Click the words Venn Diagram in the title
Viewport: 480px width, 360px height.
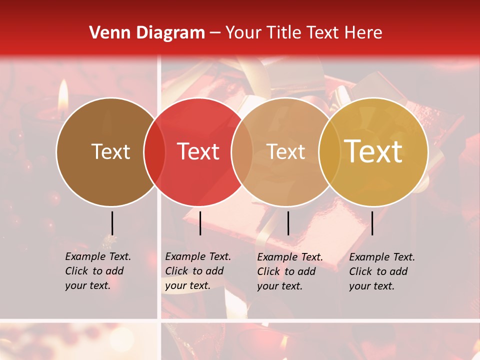click(x=147, y=33)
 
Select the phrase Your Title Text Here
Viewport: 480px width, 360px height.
click(x=303, y=33)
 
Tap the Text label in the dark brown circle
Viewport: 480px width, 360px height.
click(x=110, y=151)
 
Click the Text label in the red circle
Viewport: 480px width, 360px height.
click(x=198, y=151)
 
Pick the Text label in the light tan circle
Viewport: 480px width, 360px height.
click(x=285, y=151)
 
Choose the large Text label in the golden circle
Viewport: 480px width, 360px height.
click(x=373, y=151)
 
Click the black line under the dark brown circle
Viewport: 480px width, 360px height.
click(x=112, y=223)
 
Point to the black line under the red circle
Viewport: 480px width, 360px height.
click(x=200, y=223)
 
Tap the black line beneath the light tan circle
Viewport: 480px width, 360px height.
click(x=288, y=223)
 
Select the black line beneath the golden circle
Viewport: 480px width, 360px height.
click(x=372, y=223)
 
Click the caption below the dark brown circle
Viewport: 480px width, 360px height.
click(x=97, y=271)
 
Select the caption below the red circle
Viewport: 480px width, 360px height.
click(x=197, y=271)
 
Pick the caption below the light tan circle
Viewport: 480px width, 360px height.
click(x=289, y=271)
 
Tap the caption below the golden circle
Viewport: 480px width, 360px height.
click(x=381, y=271)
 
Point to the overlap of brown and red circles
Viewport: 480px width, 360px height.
click(x=154, y=151)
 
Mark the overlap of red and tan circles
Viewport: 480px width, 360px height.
click(x=242, y=151)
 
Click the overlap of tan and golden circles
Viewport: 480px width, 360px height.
click(x=329, y=151)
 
